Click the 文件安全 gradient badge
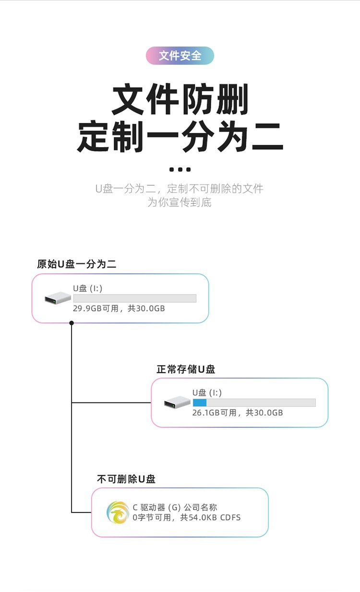click(x=180, y=56)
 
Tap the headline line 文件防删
click(x=180, y=100)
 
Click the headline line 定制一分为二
click(x=180, y=138)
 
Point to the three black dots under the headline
click(x=180, y=169)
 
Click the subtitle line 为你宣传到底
click(x=180, y=202)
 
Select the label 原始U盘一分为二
click(x=77, y=264)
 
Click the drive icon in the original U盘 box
click(x=58, y=298)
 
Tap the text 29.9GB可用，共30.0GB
click(x=119, y=308)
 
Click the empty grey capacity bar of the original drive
click(x=134, y=298)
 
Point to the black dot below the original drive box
click(x=72, y=323)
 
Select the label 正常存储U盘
click(x=186, y=369)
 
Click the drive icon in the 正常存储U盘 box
click(x=177, y=403)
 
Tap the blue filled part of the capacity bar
click(x=200, y=403)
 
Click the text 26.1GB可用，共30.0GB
click(x=238, y=413)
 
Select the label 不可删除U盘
click(x=126, y=479)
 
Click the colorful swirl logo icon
click(x=118, y=512)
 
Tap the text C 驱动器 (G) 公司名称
click(x=175, y=508)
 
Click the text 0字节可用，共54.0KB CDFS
click(x=186, y=518)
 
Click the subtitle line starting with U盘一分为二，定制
click(x=180, y=188)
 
